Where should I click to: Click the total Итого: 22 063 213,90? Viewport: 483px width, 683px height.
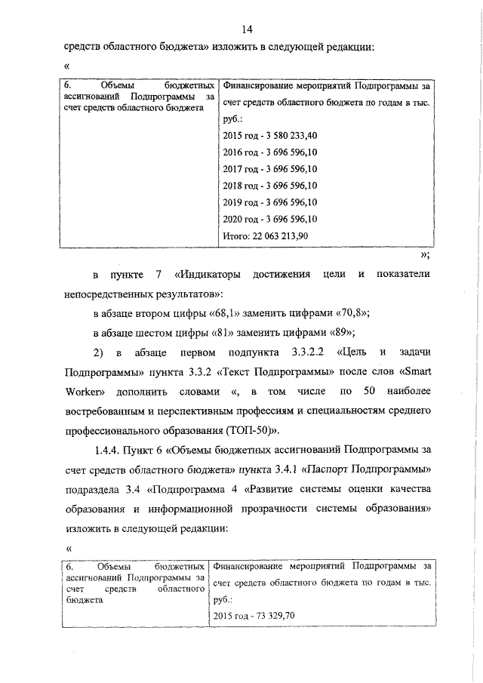pyautogui.click(x=266, y=236)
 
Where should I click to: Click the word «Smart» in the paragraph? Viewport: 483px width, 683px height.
pyautogui.click(x=412, y=372)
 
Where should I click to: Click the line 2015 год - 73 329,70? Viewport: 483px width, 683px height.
pyautogui.click(x=254, y=615)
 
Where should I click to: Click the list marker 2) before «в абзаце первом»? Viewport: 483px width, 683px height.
pyautogui.click(x=97, y=352)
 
